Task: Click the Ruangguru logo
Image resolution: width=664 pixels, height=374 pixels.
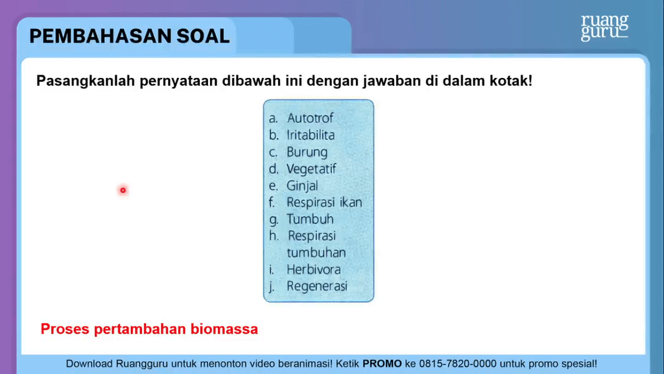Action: (604, 27)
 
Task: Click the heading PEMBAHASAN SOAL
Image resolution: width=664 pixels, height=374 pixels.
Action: (130, 36)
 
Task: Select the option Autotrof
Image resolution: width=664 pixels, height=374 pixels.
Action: (310, 118)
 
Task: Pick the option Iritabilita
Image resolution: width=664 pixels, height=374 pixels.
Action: (311, 135)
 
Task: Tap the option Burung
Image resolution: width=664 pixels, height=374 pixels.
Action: (307, 152)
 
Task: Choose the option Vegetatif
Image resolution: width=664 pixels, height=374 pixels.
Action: (311, 169)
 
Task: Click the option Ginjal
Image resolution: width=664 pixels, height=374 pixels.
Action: (302, 186)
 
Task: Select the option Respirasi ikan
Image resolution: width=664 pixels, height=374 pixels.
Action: (324, 202)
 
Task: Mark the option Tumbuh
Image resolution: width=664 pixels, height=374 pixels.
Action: (310, 219)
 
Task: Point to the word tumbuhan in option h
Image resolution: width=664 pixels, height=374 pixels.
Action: (316, 253)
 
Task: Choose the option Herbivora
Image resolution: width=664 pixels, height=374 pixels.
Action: (313, 269)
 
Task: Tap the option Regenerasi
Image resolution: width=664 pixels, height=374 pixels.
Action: (317, 286)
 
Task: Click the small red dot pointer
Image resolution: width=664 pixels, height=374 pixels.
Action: (123, 190)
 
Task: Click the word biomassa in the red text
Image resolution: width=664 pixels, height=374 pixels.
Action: (224, 329)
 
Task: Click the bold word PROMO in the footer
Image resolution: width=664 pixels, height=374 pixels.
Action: (382, 364)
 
